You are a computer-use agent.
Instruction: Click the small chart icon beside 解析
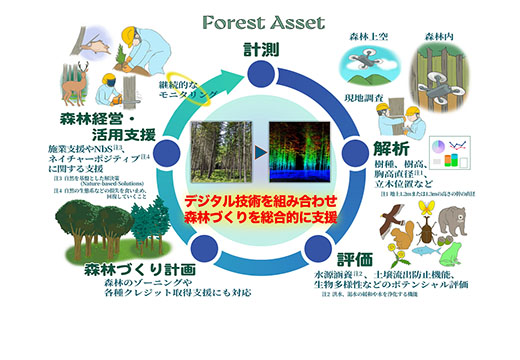click(455, 155)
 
